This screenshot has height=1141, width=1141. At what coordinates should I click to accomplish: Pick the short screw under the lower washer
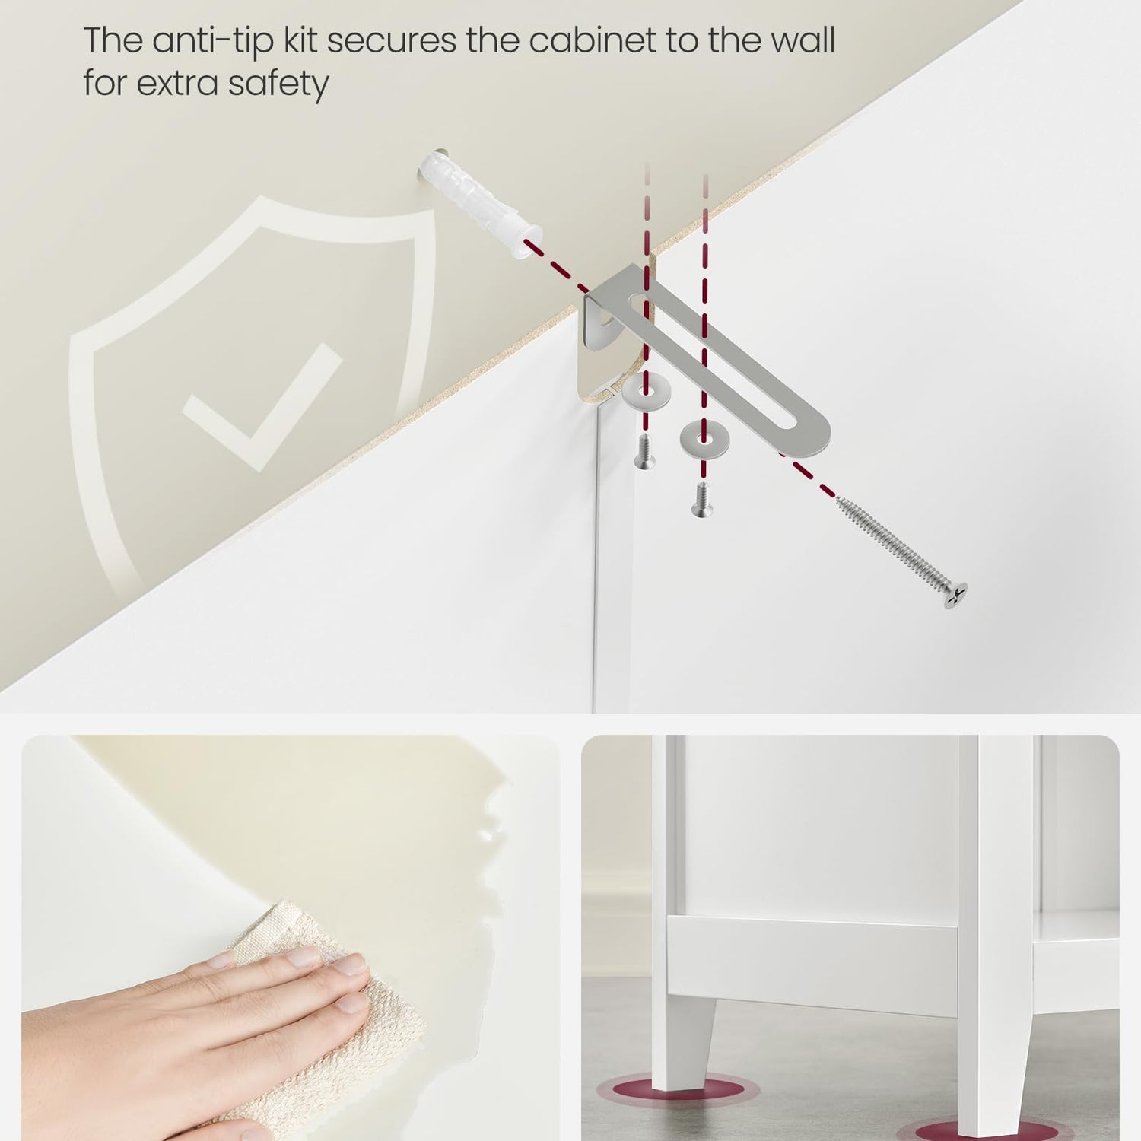(x=702, y=500)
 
